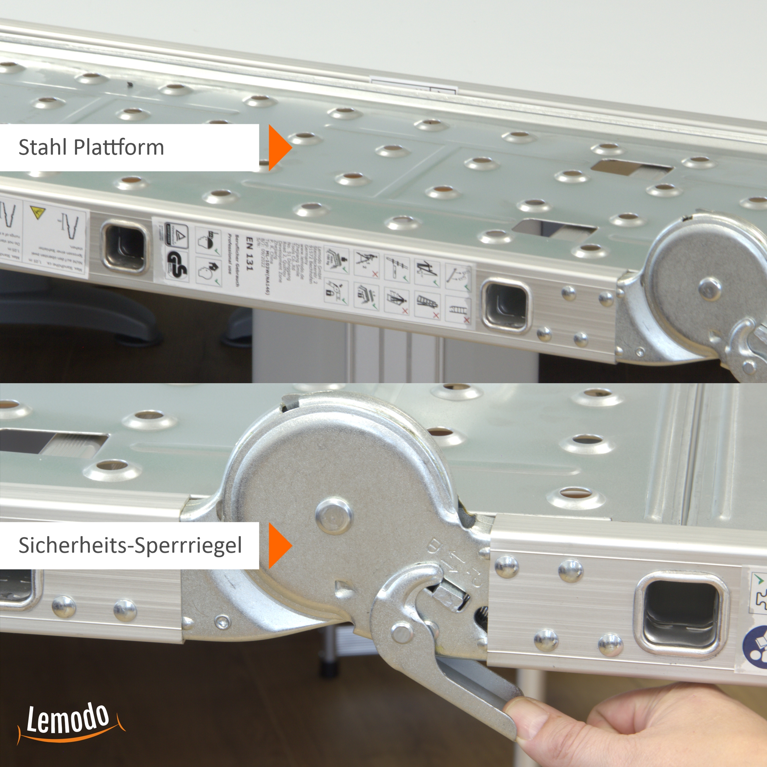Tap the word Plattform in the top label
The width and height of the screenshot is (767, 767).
[119, 147]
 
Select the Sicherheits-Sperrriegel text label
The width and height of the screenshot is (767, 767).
[130, 545]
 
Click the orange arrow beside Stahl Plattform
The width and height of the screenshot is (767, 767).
[279, 148]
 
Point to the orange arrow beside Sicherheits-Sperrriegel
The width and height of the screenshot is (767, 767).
[279, 545]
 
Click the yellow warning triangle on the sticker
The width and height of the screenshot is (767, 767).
[38, 212]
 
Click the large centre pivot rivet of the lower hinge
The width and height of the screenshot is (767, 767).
[334, 516]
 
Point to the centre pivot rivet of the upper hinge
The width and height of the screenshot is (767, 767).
[710, 286]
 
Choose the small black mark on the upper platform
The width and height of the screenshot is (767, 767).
[129, 84]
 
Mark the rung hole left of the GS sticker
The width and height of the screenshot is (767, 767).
[124, 246]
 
